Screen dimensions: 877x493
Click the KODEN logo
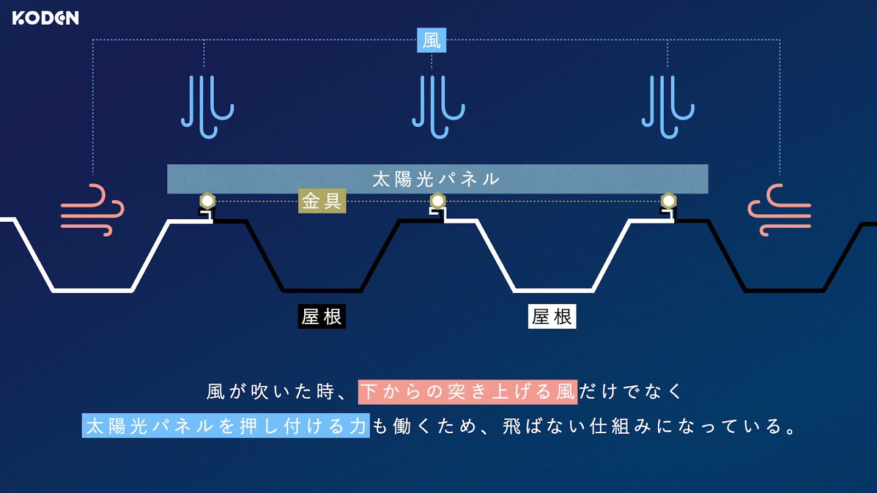click(x=45, y=18)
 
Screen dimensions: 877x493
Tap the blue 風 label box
click(x=431, y=40)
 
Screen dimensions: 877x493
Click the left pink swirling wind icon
click(x=93, y=210)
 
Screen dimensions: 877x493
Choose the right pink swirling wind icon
click(x=779, y=210)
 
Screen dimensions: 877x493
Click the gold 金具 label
click(x=322, y=201)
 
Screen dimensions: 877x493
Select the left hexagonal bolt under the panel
click(x=208, y=201)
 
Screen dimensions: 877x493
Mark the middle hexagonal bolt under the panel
click(x=438, y=201)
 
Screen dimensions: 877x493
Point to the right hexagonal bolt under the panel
click(x=669, y=201)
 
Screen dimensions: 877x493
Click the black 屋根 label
click(x=322, y=316)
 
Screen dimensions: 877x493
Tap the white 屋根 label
click(x=552, y=316)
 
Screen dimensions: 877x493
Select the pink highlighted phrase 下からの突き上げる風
click(x=468, y=392)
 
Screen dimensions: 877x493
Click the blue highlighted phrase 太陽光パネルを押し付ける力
click(x=226, y=426)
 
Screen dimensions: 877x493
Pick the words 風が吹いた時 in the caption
click(x=271, y=392)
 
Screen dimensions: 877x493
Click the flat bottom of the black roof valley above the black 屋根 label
click(x=322, y=291)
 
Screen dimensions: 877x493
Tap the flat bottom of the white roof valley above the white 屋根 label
click(x=553, y=291)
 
